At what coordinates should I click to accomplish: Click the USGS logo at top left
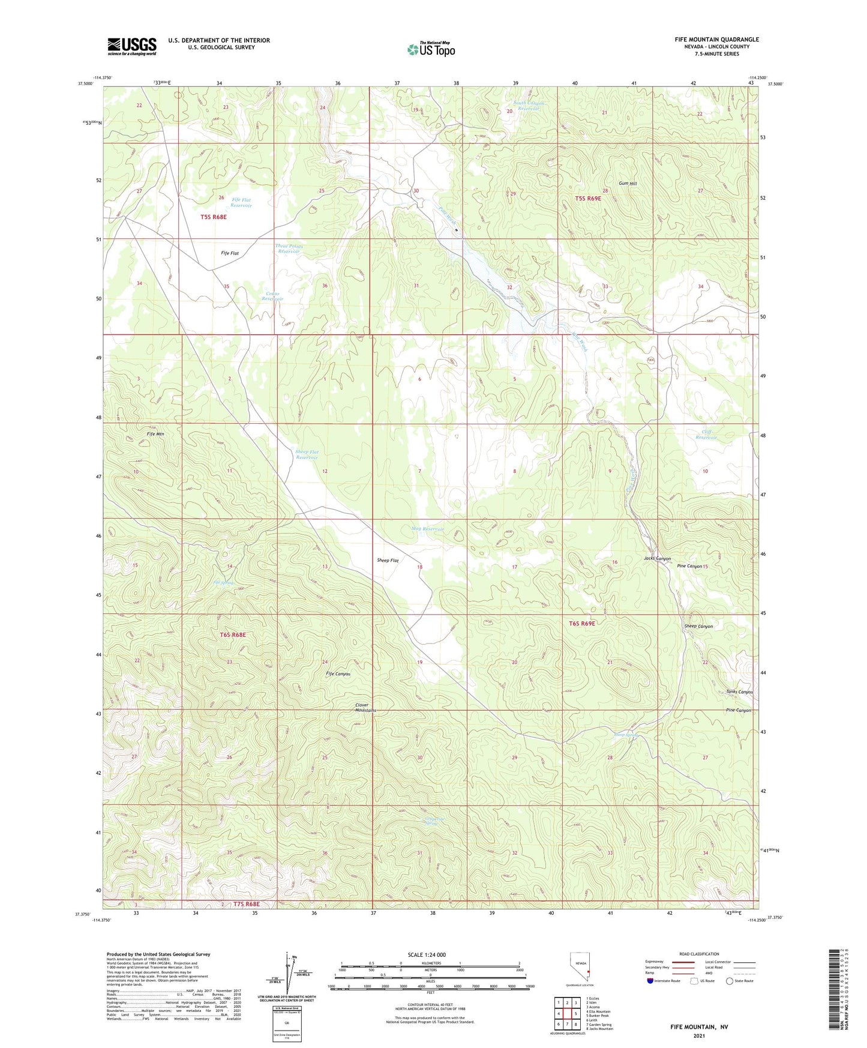[132, 46]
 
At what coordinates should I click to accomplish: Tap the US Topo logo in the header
[431, 49]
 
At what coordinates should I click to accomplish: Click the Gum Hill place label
[628, 184]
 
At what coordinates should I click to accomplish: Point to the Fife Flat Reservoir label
[241, 203]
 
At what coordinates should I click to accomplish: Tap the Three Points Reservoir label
[289, 248]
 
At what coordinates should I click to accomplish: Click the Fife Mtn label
[155, 434]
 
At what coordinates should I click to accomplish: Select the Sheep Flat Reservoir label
[307, 454]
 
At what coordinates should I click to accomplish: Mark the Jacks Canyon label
[657, 559]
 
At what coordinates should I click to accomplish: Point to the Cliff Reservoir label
[706, 435]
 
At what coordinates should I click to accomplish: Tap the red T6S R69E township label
[582, 624]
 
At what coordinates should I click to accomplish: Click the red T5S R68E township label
[214, 217]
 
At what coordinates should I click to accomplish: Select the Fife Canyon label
[338, 674]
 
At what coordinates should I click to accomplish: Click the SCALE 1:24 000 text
[427, 955]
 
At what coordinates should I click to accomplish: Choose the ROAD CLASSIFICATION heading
[699, 954]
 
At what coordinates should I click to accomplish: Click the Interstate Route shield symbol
[650, 981]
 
